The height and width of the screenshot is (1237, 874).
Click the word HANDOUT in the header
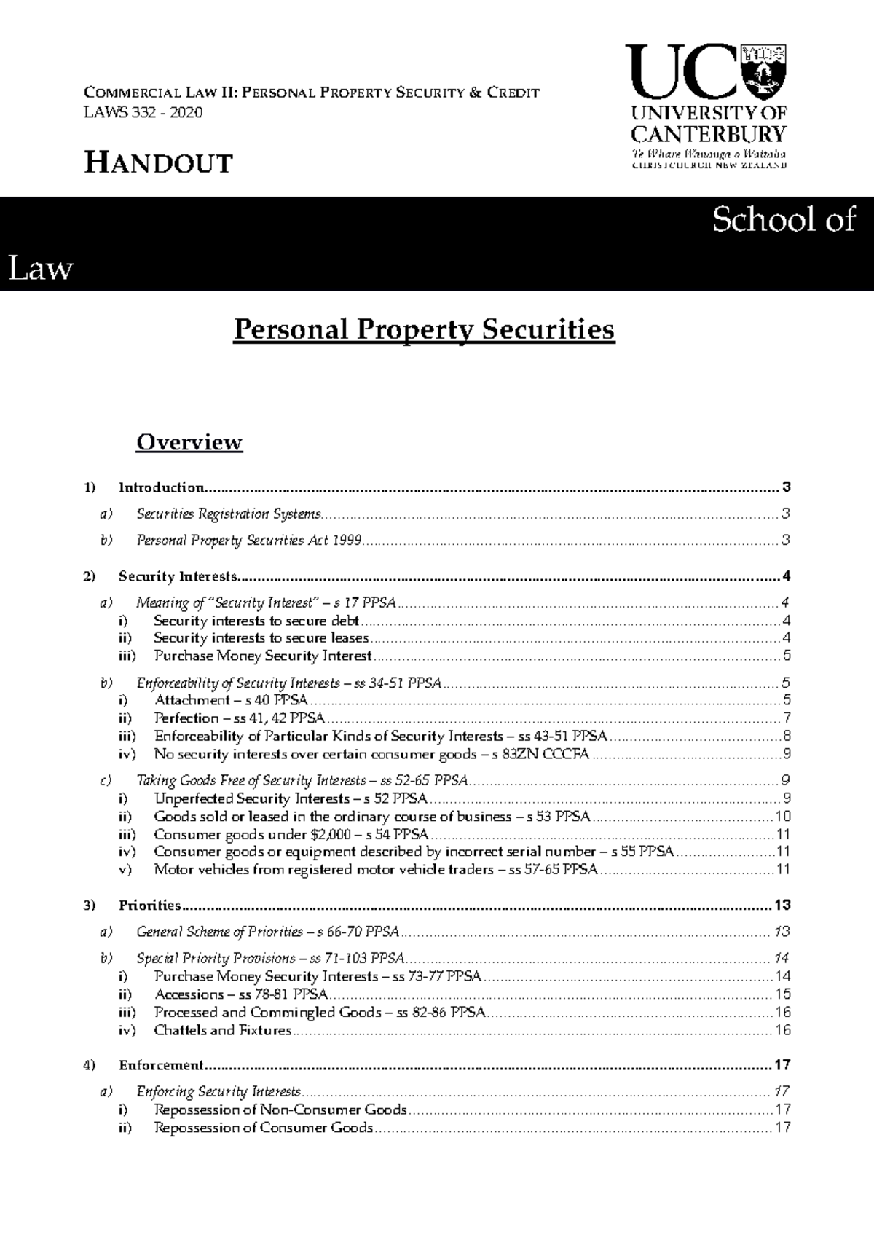click(159, 163)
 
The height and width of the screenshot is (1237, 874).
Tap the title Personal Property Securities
click(424, 330)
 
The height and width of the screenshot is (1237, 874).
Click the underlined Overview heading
click(189, 442)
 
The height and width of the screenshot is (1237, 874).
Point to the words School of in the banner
click(783, 219)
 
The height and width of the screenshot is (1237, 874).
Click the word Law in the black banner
click(40, 269)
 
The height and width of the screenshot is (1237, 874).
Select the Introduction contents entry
click(161, 487)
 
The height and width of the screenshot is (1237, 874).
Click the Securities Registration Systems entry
click(229, 514)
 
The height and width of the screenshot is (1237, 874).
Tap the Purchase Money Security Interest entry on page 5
click(263, 656)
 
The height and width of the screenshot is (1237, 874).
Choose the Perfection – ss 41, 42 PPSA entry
click(240, 718)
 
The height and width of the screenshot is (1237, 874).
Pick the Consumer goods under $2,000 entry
click(291, 834)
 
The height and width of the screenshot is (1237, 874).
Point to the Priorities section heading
click(149, 906)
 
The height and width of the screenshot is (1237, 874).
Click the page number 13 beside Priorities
click(782, 906)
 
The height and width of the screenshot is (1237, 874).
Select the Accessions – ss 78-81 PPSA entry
click(241, 994)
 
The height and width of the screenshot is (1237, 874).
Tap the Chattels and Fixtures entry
click(222, 1030)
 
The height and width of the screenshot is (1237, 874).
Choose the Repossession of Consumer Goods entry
click(263, 1128)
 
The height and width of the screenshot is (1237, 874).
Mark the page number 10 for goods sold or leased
click(783, 817)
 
